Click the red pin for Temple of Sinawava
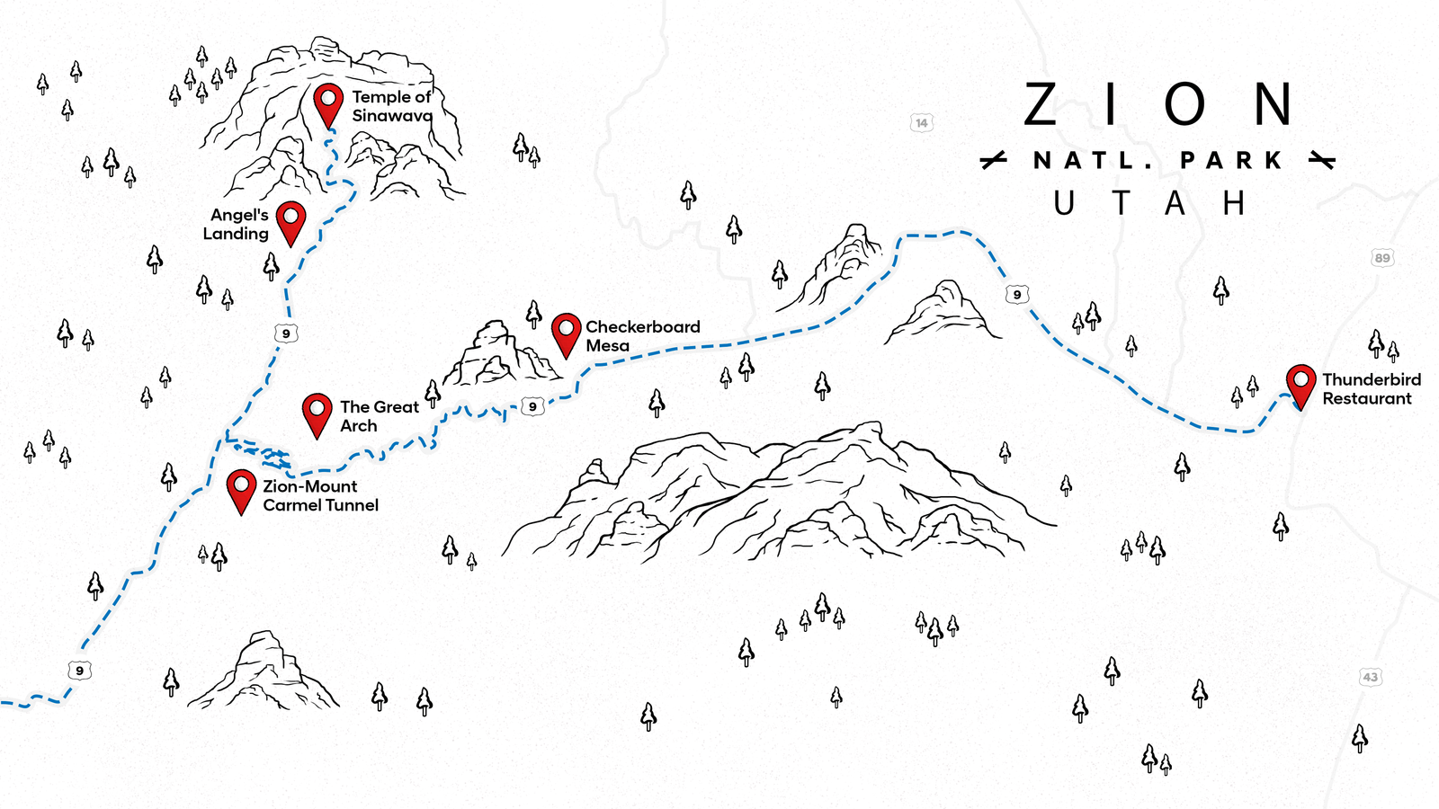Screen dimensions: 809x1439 328,102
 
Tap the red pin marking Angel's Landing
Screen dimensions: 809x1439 290,220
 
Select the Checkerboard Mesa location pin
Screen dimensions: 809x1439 566,333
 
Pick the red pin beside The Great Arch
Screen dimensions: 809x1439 317,412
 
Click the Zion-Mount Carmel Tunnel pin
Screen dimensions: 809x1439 241,488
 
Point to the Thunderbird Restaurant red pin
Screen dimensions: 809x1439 1300,384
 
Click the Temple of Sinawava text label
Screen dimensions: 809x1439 392,106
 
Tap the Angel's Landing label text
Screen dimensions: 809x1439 237,225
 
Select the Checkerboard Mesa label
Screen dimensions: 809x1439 642,336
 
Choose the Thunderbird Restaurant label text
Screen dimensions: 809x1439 1371,389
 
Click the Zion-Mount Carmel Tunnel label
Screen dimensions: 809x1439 320,495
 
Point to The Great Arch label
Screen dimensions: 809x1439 379,416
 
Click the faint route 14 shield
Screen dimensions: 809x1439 921,123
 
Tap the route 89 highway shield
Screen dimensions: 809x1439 1382,258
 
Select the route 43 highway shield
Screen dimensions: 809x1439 1370,677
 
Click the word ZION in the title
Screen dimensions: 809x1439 1158,105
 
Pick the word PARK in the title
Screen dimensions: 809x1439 1231,161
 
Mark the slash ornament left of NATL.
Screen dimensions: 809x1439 993,161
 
